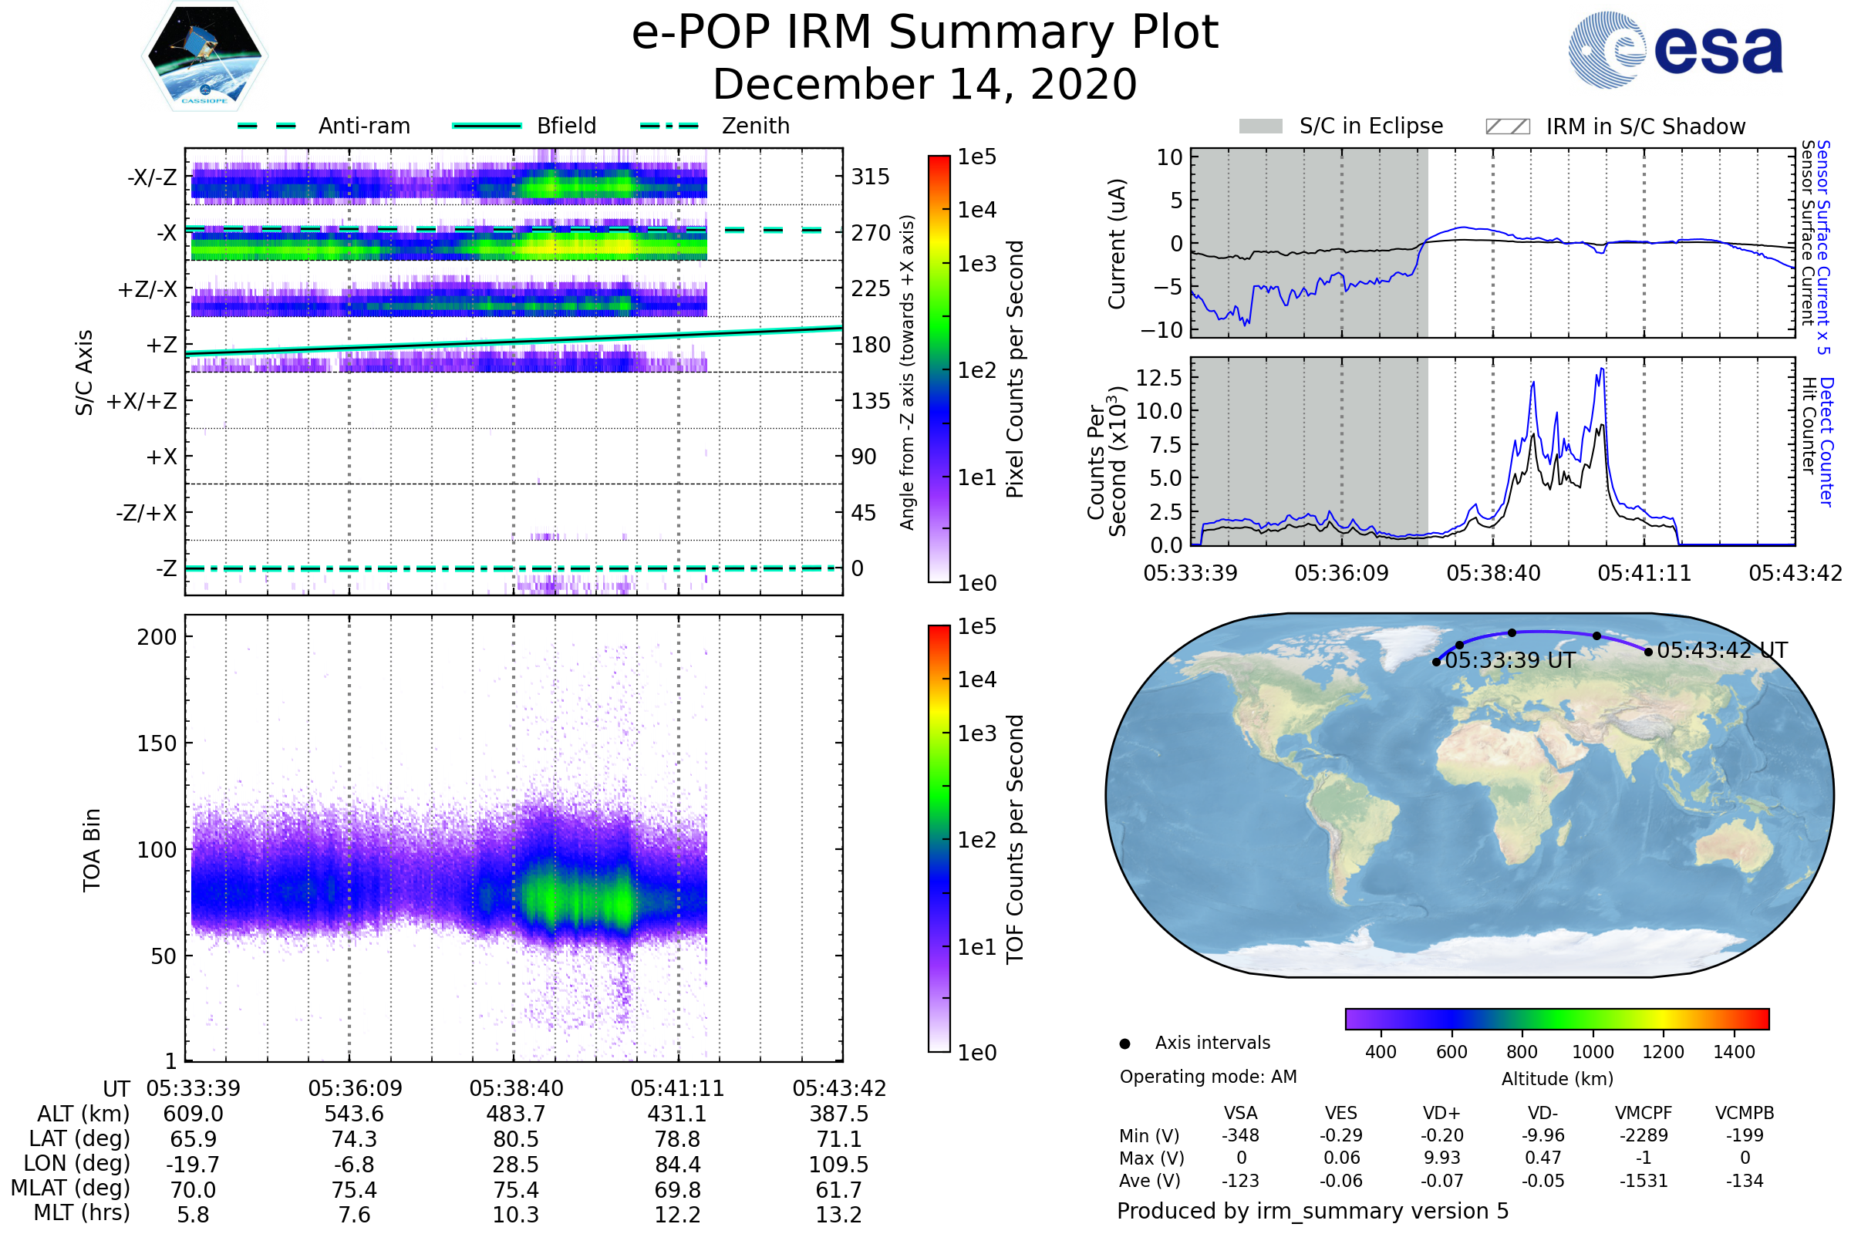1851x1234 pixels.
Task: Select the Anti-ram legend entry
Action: [363, 126]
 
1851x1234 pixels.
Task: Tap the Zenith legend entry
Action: [755, 126]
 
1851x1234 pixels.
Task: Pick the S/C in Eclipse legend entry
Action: [1371, 126]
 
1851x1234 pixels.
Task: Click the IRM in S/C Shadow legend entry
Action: [1645, 126]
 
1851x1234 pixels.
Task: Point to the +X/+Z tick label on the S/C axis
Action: [142, 401]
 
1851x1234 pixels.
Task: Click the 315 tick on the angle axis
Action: [870, 177]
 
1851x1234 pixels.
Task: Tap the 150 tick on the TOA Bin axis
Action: [157, 743]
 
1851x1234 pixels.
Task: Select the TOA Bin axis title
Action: [91, 849]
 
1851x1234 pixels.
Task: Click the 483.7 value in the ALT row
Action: [515, 1114]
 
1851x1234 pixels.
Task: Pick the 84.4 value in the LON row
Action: [677, 1164]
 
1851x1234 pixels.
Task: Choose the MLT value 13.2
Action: [838, 1214]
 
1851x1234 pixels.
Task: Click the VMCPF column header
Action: [1644, 1113]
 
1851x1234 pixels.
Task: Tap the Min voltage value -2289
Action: [1644, 1135]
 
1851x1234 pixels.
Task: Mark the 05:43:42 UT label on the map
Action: [1722, 651]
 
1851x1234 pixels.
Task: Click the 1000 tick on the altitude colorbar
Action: [1592, 1052]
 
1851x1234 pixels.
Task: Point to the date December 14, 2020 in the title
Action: [925, 84]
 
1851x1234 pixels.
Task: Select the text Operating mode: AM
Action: [1207, 1077]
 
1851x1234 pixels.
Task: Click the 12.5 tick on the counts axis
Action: [1158, 378]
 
